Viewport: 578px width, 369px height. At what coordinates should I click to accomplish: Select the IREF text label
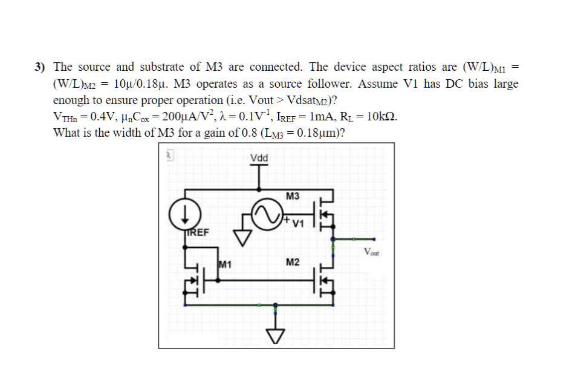tap(196, 232)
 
